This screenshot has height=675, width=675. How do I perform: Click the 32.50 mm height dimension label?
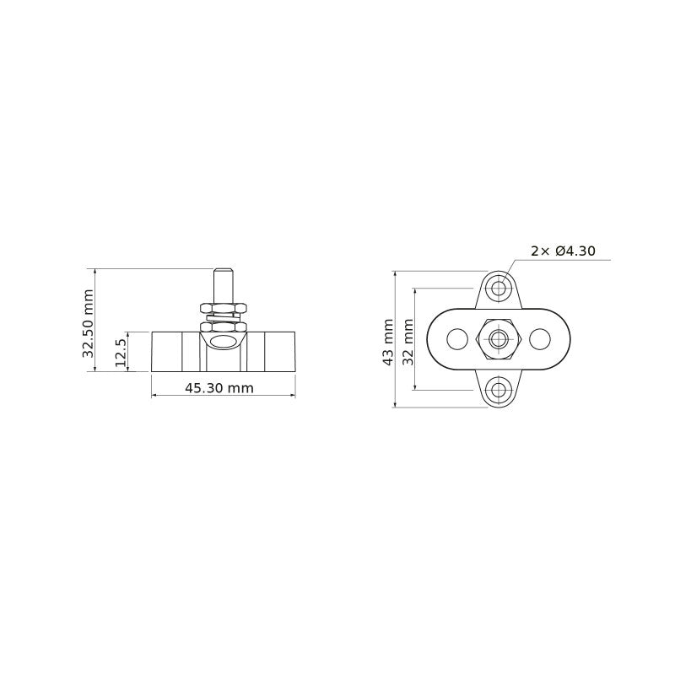(x=89, y=323)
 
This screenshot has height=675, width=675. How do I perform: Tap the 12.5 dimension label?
(x=121, y=353)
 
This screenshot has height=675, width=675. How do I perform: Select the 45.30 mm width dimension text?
(x=219, y=388)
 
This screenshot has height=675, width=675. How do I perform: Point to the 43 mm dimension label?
(x=388, y=343)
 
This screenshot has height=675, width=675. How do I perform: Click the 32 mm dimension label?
(x=408, y=342)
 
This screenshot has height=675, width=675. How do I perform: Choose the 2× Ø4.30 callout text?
(x=563, y=251)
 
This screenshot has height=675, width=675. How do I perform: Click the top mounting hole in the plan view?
(x=499, y=288)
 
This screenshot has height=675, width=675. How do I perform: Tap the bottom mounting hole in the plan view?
(x=499, y=390)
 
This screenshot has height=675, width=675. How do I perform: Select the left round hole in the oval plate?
(x=457, y=339)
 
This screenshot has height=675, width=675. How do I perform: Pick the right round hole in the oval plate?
(x=540, y=339)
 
